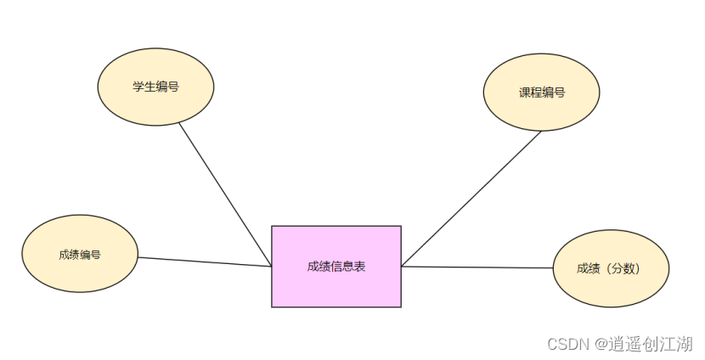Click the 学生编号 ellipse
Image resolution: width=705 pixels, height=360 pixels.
tap(155, 86)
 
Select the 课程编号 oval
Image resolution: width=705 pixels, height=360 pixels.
tap(541, 92)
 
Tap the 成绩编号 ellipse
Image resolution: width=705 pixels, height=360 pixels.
tap(79, 254)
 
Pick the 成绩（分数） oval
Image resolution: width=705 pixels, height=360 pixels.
tap(611, 268)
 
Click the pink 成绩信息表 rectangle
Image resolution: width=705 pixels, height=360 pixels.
tap(336, 266)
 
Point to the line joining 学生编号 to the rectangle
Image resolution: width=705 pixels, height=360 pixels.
tap(225, 194)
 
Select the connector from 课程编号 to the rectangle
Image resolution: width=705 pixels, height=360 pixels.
tap(471, 198)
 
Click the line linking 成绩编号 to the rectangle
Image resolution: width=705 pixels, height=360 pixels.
tap(204, 262)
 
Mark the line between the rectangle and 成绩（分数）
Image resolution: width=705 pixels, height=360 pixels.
tap(476, 267)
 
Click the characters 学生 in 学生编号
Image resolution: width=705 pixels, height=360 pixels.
tap(144, 87)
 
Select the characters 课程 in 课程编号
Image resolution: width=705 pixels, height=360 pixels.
tap(530, 93)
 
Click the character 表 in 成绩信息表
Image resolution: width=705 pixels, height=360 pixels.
tap(360, 266)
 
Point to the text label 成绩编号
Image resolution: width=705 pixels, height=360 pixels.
tap(80, 254)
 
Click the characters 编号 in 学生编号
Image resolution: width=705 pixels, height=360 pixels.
tap(167, 87)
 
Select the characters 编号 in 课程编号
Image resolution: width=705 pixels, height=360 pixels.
tap(554, 93)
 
